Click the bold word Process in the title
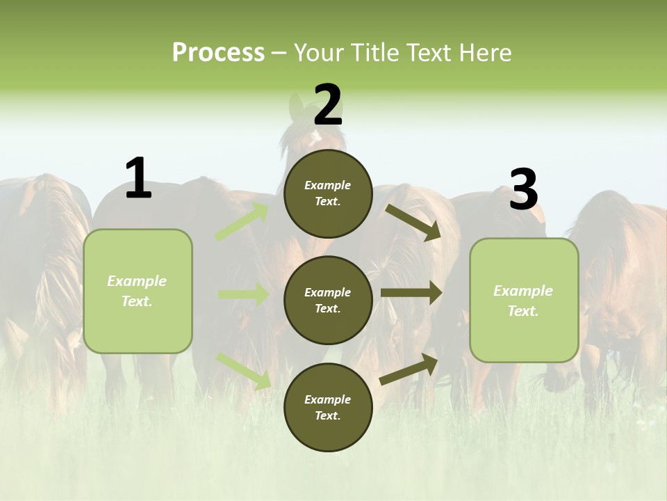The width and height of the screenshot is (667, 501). [x=218, y=53]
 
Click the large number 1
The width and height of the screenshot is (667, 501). [x=138, y=178]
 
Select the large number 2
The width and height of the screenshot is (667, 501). [x=328, y=105]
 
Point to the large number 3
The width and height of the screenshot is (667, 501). [x=523, y=191]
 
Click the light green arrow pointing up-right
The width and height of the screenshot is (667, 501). [x=242, y=222]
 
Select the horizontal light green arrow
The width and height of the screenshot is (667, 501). [x=243, y=295]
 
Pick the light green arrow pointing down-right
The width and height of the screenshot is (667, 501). [x=244, y=370]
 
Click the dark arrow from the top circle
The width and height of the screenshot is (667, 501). [x=413, y=222]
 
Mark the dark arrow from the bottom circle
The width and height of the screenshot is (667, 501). [x=409, y=369]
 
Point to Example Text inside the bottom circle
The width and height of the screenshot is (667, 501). [x=328, y=408]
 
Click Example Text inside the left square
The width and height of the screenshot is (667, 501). [x=137, y=291]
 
